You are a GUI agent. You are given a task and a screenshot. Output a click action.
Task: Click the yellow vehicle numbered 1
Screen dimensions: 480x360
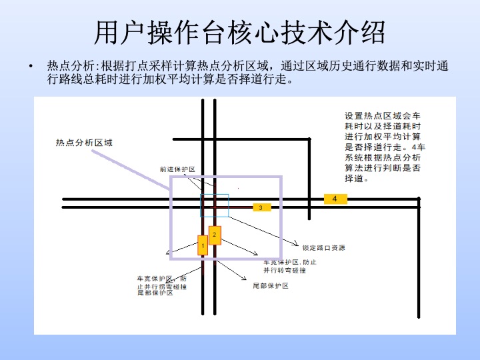[201, 245]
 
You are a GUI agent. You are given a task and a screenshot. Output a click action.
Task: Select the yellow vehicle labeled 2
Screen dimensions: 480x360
[215, 235]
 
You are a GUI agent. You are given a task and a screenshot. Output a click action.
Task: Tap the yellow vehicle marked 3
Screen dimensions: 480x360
[261, 207]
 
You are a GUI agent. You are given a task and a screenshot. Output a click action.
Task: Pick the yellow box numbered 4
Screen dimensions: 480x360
[335, 199]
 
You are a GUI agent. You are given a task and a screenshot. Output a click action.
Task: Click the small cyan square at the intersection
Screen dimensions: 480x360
[215, 205]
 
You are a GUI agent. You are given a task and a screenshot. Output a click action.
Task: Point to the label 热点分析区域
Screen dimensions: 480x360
[85, 142]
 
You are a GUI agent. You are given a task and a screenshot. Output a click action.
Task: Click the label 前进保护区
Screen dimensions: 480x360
[177, 169]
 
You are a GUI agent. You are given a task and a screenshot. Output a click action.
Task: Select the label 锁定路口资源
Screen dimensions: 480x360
[323, 248]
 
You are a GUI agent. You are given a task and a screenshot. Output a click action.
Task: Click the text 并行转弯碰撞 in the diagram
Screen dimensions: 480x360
[285, 271]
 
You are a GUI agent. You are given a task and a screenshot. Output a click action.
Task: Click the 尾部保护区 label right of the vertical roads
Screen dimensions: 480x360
[271, 285]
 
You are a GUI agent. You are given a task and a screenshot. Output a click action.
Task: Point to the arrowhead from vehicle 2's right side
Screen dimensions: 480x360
[257, 254]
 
